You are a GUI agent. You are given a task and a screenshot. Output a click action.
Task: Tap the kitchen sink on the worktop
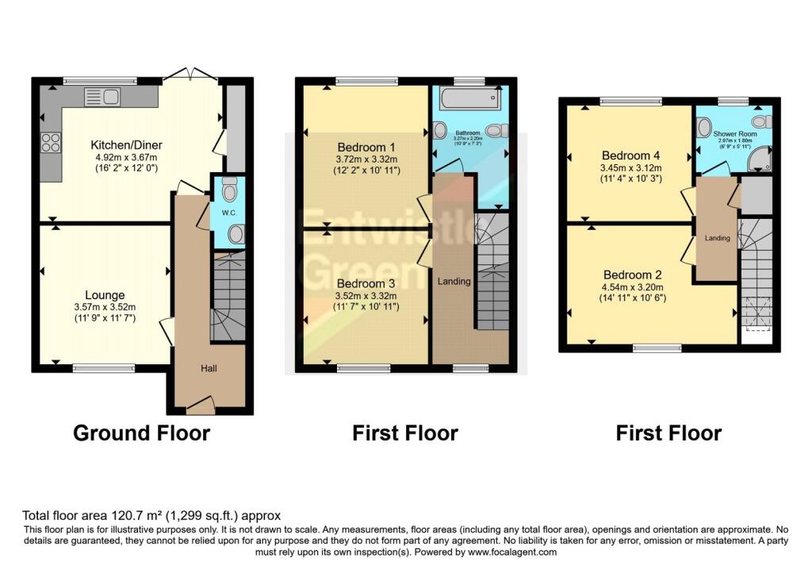(x=101, y=97)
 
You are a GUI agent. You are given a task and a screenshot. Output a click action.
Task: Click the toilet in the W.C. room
(x=230, y=190)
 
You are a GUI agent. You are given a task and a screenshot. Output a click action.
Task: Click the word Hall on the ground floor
(x=208, y=368)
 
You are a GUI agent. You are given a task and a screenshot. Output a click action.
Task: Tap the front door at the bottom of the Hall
(x=201, y=407)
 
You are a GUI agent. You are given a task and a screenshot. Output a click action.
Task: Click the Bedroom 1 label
(x=366, y=148)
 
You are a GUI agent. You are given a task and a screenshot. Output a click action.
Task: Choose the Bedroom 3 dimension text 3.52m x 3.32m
(x=366, y=295)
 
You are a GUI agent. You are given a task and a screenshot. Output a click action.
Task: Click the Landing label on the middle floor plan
(x=454, y=281)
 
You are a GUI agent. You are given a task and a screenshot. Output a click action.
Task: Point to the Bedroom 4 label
(x=631, y=156)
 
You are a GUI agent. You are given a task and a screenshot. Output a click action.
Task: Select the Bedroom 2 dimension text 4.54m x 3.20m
(x=631, y=286)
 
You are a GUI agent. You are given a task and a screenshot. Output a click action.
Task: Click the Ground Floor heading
(x=141, y=433)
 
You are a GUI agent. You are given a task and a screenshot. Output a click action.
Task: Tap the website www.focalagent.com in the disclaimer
(x=513, y=552)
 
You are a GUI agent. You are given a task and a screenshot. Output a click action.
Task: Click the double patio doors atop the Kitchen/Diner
(x=191, y=76)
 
